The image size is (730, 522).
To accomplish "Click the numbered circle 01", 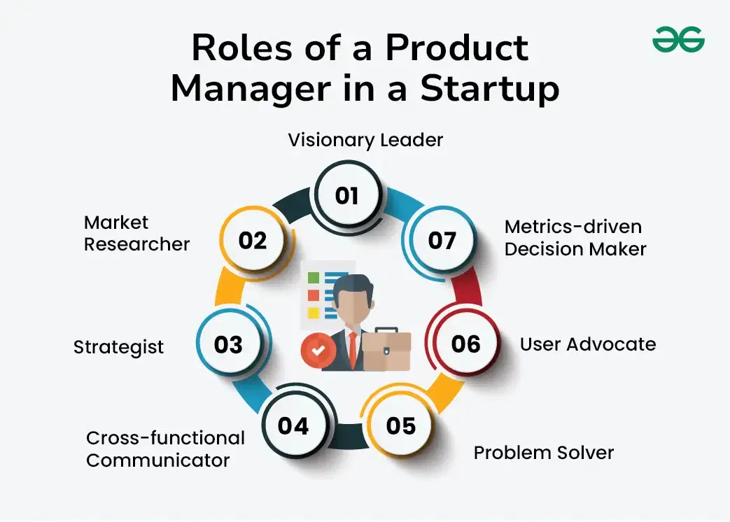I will click(346, 195).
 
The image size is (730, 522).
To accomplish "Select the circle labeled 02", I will click(253, 241).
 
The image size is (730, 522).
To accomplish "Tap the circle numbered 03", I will click(228, 345).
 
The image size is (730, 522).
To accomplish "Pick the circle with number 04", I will click(293, 425).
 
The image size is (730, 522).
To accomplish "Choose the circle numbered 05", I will click(400, 425).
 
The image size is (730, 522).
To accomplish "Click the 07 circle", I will click(442, 241).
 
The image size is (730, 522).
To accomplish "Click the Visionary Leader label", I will click(365, 140).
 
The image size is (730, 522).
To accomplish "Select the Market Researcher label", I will click(136, 233).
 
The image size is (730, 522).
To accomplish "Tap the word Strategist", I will click(118, 347).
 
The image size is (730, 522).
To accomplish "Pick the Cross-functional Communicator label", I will click(165, 449).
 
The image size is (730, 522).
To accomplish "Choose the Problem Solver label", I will click(543, 453).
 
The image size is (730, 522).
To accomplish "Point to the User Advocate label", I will click(587, 344).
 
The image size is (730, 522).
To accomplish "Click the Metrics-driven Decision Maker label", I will click(575, 238).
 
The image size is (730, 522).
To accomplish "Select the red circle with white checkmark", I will click(318, 351).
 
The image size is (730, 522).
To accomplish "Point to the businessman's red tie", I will click(353, 349).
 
